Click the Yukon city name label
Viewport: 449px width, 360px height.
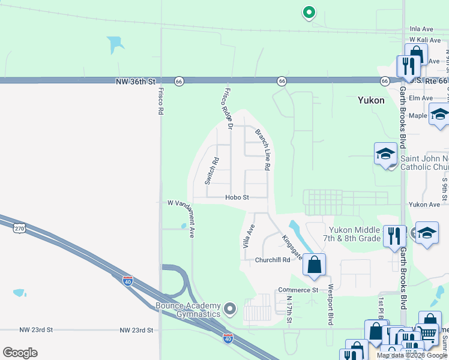tap(370, 100)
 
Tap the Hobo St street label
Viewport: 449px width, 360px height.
tap(237, 197)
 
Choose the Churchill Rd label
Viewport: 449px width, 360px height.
tap(272, 260)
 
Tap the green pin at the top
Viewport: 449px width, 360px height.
tap(309, 12)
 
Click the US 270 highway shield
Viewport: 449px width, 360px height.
tap(20, 226)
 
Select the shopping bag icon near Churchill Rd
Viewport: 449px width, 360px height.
tap(314, 265)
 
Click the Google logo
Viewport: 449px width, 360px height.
tap(20, 353)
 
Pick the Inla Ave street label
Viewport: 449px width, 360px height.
tap(421, 28)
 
